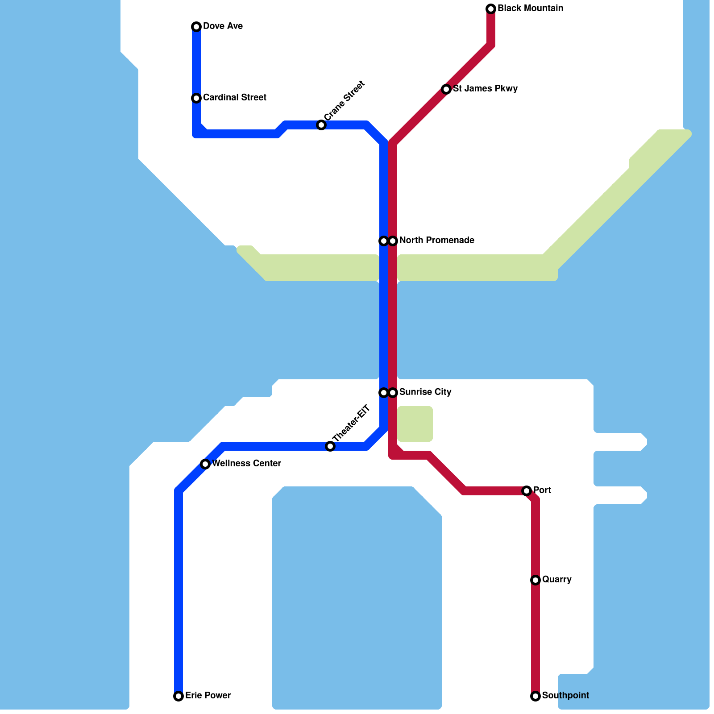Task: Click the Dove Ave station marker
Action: [x=196, y=27]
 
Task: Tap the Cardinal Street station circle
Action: [x=196, y=98]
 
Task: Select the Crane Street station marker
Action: [x=321, y=125]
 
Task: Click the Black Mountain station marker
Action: [x=491, y=9]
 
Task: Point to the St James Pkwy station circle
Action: [x=446, y=89]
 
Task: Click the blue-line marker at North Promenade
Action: [x=383, y=241]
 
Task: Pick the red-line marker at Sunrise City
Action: [x=393, y=393]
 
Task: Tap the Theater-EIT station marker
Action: [x=330, y=446]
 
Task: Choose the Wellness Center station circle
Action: [x=205, y=464]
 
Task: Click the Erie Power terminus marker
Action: [x=178, y=696]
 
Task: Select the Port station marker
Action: [x=527, y=491]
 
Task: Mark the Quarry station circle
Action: [x=535, y=580]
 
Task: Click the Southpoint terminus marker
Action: [x=535, y=696]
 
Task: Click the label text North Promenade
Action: [x=436, y=241]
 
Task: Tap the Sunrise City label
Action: [x=425, y=392]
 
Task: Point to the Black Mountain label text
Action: [x=530, y=8]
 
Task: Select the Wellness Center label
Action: [x=246, y=464]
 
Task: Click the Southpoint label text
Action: [x=565, y=696]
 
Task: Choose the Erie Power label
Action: [x=208, y=696]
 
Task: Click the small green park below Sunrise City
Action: [x=415, y=424]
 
